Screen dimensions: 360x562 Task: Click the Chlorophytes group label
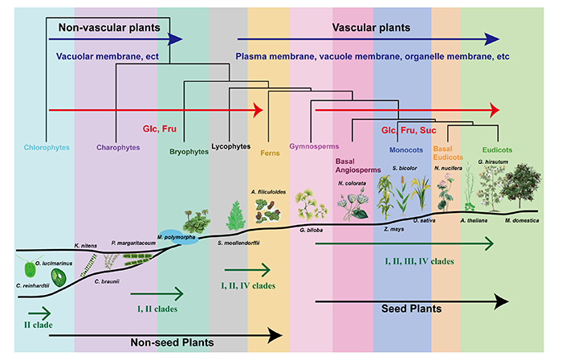[x=46, y=148]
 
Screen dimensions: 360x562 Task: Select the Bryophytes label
[x=189, y=150]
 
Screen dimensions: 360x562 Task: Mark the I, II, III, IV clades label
[x=420, y=262]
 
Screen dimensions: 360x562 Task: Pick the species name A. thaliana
[x=476, y=220]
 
